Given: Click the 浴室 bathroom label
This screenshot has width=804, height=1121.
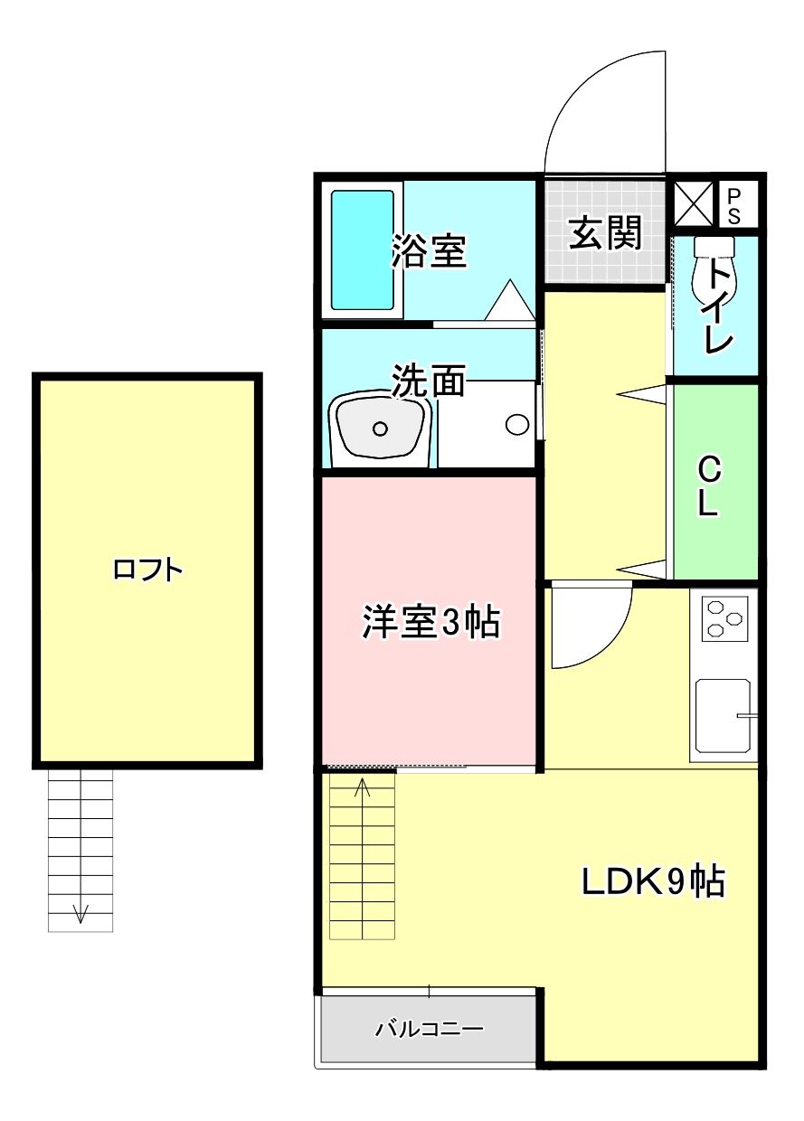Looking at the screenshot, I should (x=429, y=251).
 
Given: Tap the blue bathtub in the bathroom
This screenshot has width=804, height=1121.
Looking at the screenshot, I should (x=363, y=250).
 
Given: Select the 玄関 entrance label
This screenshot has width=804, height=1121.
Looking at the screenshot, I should (x=604, y=232).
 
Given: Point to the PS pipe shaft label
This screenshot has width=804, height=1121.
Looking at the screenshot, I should (x=733, y=205).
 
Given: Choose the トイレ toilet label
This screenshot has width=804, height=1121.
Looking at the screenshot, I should (x=720, y=307).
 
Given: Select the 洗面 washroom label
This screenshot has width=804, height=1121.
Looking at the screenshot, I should (x=429, y=381).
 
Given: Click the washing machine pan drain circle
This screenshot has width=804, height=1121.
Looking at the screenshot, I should (x=517, y=423).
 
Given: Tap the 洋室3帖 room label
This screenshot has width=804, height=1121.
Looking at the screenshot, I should (x=430, y=621).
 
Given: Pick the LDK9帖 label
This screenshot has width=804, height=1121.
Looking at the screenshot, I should (x=652, y=881).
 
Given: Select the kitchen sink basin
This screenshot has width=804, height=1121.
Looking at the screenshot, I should (x=723, y=714).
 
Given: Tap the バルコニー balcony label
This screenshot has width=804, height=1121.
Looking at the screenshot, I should (x=430, y=1029).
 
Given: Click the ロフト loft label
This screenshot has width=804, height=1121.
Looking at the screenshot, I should (x=148, y=570).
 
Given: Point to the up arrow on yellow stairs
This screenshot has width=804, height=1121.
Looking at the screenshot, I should (x=363, y=788).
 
